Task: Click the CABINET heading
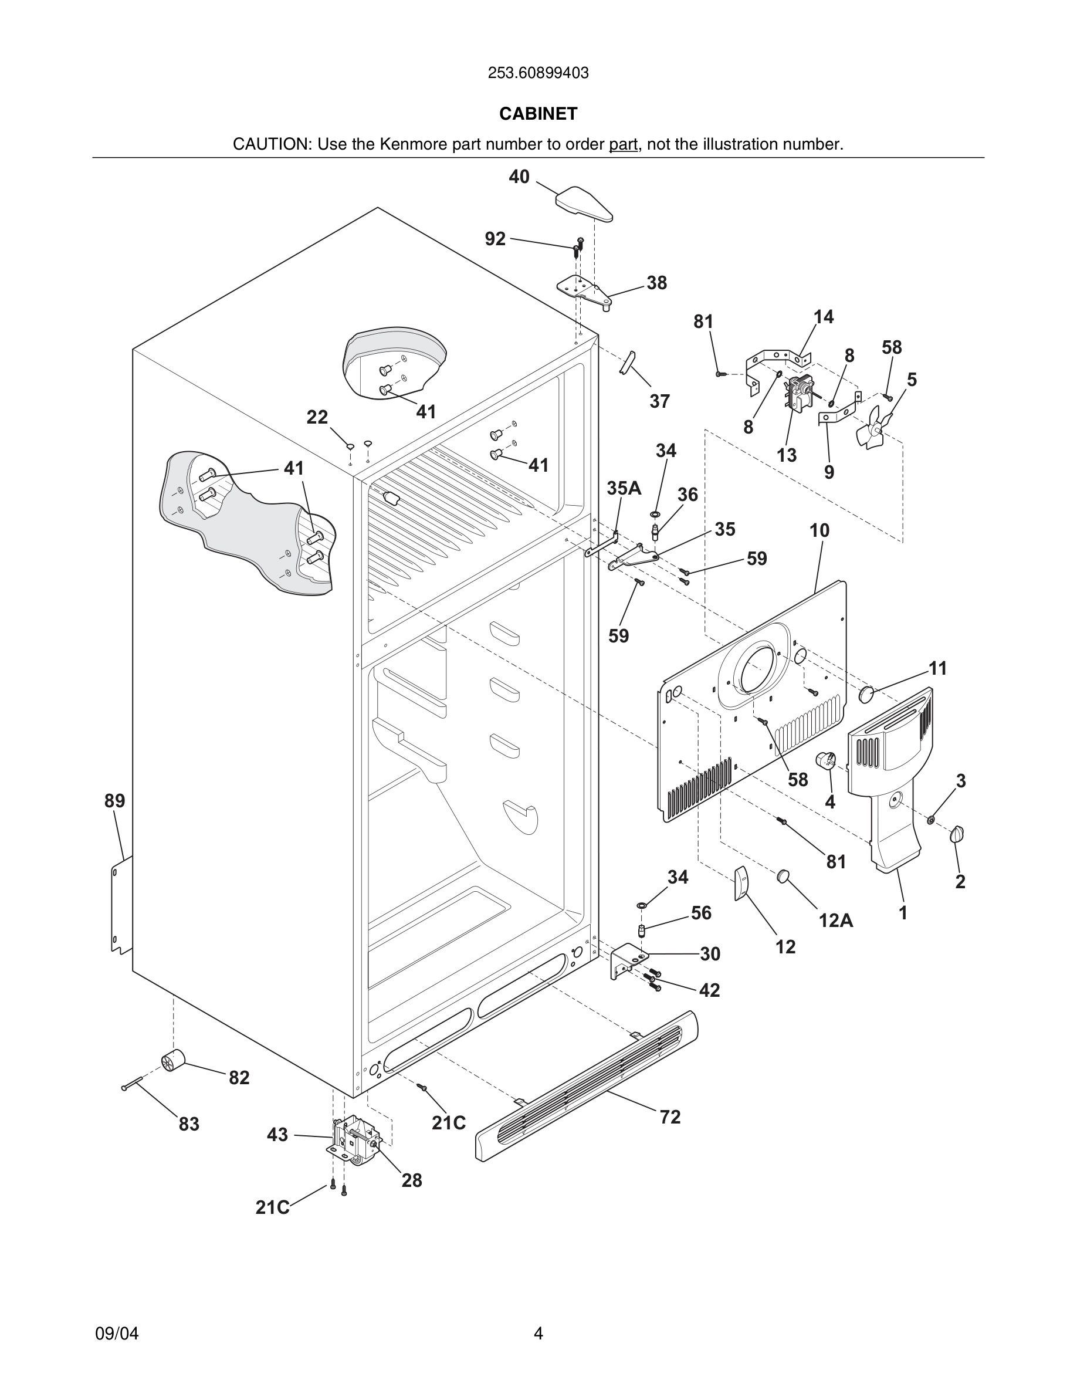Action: (x=538, y=114)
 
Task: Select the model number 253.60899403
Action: (x=538, y=73)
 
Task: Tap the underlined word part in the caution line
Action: (x=623, y=145)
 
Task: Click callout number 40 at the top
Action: (x=519, y=177)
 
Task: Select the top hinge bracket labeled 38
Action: (x=584, y=290)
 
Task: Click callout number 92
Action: (x=495, y=239)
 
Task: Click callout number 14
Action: (x=823, y=317)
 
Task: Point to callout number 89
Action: (x=115, y=800)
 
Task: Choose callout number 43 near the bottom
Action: (x=277, y=1135)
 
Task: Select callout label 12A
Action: (x=836, y=921)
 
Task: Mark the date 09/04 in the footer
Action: (x=117, y=1334)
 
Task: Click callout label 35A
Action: (x=624, y=488)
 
